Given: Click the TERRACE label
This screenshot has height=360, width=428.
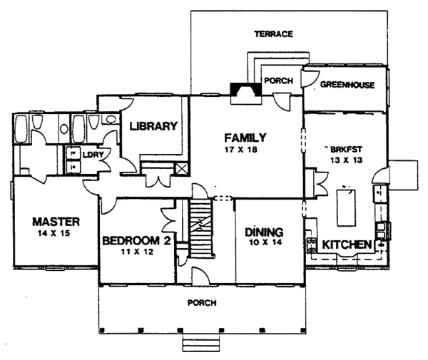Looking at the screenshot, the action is click(x=273, y=34).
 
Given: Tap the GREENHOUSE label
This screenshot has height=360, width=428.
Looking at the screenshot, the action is click(x=347, y=85).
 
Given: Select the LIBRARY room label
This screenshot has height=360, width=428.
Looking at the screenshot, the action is click(x=153, y=126).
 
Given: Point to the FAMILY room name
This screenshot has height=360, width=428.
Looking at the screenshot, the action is click(x=245, y=138).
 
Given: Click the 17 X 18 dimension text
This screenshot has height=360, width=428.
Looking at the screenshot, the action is click(x=241, y=150).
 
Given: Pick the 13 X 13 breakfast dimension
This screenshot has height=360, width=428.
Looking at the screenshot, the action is click(x=346, y=160).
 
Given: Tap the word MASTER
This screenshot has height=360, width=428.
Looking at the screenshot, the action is click(x=56, y=222).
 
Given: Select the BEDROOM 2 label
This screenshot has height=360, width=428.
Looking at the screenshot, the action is click(x=137, y=241).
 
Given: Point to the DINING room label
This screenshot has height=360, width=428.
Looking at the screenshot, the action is click(x=264, y=232).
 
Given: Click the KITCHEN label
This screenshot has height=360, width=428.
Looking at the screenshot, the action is click(x=347, y=245).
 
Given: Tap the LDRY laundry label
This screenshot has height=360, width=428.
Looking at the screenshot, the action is click(x=93, y=155).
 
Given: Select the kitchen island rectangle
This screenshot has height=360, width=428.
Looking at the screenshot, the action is click(x=347, y=207).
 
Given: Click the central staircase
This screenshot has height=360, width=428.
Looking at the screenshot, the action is click(x=201, y=229).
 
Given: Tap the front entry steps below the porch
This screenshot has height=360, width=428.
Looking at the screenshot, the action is click(x=201, y=343).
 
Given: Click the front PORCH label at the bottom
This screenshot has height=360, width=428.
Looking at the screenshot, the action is click(x=202, y=303).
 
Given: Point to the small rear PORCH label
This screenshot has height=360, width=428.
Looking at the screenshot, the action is click(x=278, y=81).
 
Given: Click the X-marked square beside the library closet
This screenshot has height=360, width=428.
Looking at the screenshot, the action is click(x=181, y=169).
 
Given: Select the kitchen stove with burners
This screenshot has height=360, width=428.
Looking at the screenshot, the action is click(x=312, y=245).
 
